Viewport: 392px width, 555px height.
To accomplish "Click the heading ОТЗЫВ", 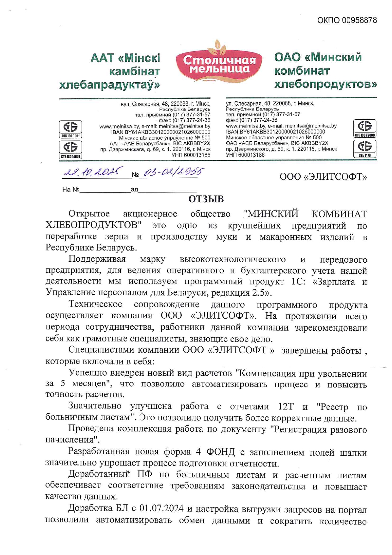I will [x=206, y=199].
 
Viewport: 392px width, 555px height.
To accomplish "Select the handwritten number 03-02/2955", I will [x=173, y=172].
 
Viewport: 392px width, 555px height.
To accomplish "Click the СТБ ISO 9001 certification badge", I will [x=70, y=129].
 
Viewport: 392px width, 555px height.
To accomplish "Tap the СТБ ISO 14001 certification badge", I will [x=70, y=149].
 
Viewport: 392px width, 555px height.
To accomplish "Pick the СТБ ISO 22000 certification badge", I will [x=365, y=128].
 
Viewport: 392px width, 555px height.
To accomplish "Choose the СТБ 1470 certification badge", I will [x=365, y=148].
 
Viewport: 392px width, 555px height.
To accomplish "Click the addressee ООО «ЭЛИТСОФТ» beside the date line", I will [x=323, y=177].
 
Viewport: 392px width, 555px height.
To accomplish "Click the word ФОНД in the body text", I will [x=220, y=452].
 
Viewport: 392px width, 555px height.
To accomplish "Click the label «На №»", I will [x=71, y=190].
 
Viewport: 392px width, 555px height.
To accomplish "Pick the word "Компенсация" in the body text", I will [x=264, y=373].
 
